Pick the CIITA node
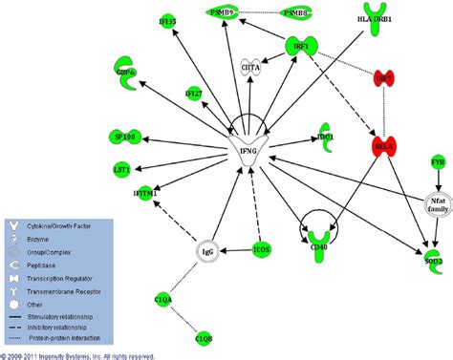click(x=249, y=66)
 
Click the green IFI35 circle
click(x=168, y=20)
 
